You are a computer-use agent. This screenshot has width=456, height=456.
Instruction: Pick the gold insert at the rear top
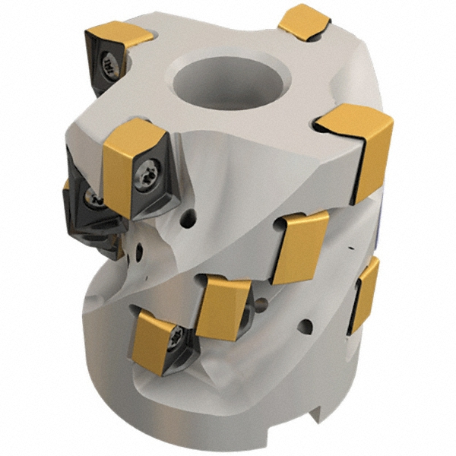coord(304,21)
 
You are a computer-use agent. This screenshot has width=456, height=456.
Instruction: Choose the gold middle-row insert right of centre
coord(300,245)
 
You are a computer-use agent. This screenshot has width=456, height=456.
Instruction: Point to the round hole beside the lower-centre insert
coord(261,306)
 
